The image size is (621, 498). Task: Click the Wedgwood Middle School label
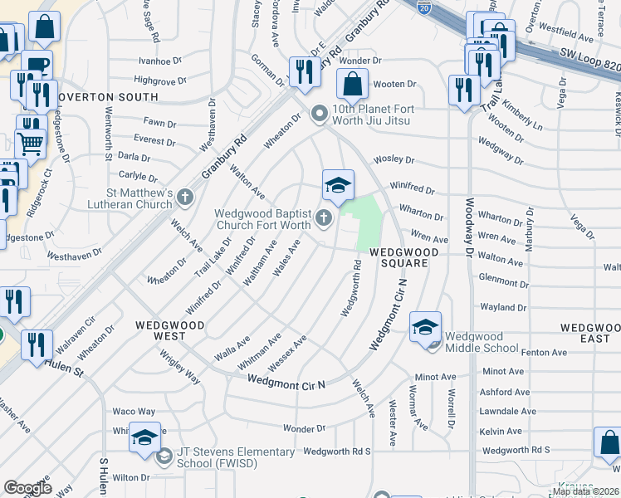tap(482, 341)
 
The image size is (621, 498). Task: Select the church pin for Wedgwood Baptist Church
tap(323, 219)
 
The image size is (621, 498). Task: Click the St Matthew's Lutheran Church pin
tap(184, 198)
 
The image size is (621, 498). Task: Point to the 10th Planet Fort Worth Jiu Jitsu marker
tap(318, 115)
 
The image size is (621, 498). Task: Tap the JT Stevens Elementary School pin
tap(164, 455)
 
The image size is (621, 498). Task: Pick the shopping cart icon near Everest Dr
tap(31, 143)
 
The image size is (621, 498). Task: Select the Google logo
tap(28, 488)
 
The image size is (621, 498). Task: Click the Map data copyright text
tap(586, 491)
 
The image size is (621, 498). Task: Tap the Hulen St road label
tap(65, 363)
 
